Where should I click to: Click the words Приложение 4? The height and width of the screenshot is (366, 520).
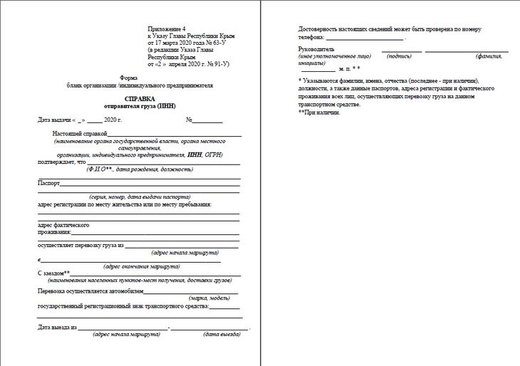tap(167, 26)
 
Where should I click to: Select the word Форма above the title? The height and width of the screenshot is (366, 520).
tap(128, 78)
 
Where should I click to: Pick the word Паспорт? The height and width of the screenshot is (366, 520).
tap(48, 183)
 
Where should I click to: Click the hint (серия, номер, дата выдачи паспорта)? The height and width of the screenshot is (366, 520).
tap(140, 196)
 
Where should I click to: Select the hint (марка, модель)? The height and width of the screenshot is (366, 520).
tap(209, 298)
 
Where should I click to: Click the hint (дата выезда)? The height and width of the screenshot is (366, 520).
tap(222, 334)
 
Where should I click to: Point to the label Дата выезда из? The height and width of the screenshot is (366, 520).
tap(57, 328)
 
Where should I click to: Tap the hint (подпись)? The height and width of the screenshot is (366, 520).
tap(399, 56)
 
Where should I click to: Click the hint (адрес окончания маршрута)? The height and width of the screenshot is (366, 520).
tap(142, 266)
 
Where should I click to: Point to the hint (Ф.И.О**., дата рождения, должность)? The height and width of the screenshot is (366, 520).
tap(140, 169)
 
